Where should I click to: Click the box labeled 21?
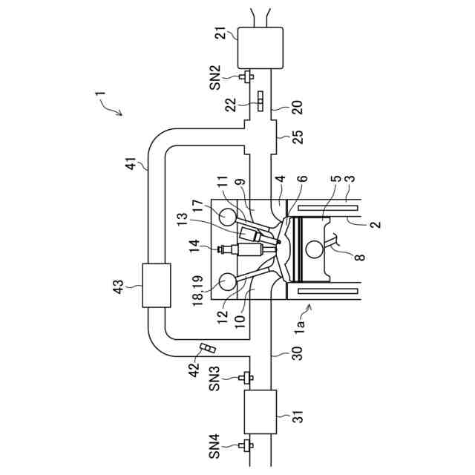click(x=259, y=47)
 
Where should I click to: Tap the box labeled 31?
click(x=260, y=410)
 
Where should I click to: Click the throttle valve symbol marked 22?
click(x=260, y=99)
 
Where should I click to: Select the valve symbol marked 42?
click(x=207, y=349)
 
